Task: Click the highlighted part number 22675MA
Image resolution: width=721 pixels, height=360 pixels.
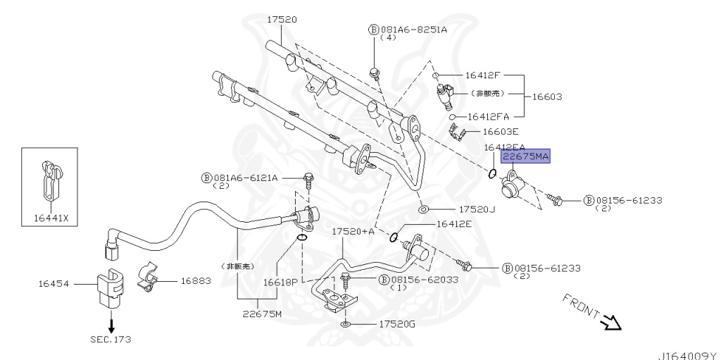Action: click(525, 156)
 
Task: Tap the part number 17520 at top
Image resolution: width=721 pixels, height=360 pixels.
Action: click(281, 20)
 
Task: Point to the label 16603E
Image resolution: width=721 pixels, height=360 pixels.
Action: click(501, 131)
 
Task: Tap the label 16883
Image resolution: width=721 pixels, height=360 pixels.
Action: click(196, 280)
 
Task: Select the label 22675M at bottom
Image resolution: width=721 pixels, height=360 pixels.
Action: click(261, 314)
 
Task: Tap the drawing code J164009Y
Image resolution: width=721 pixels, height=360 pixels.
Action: click(687, 355)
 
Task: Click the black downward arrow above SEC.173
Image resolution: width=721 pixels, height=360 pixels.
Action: click(111, 325)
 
